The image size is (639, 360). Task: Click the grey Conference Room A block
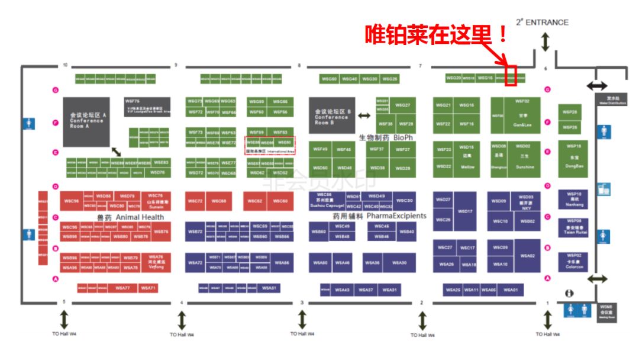tap(87, 122)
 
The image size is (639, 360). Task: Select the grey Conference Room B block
tap(332, 115)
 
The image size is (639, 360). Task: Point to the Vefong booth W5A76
tap(156, 262)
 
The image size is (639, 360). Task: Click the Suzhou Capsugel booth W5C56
tap(324, 200)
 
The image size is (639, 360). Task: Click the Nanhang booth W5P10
tap(574, 199)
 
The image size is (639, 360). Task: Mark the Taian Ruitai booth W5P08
tap(574, 227)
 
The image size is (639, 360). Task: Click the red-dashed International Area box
tap(270, 146)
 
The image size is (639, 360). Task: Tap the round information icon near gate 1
tap(569, 293)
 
